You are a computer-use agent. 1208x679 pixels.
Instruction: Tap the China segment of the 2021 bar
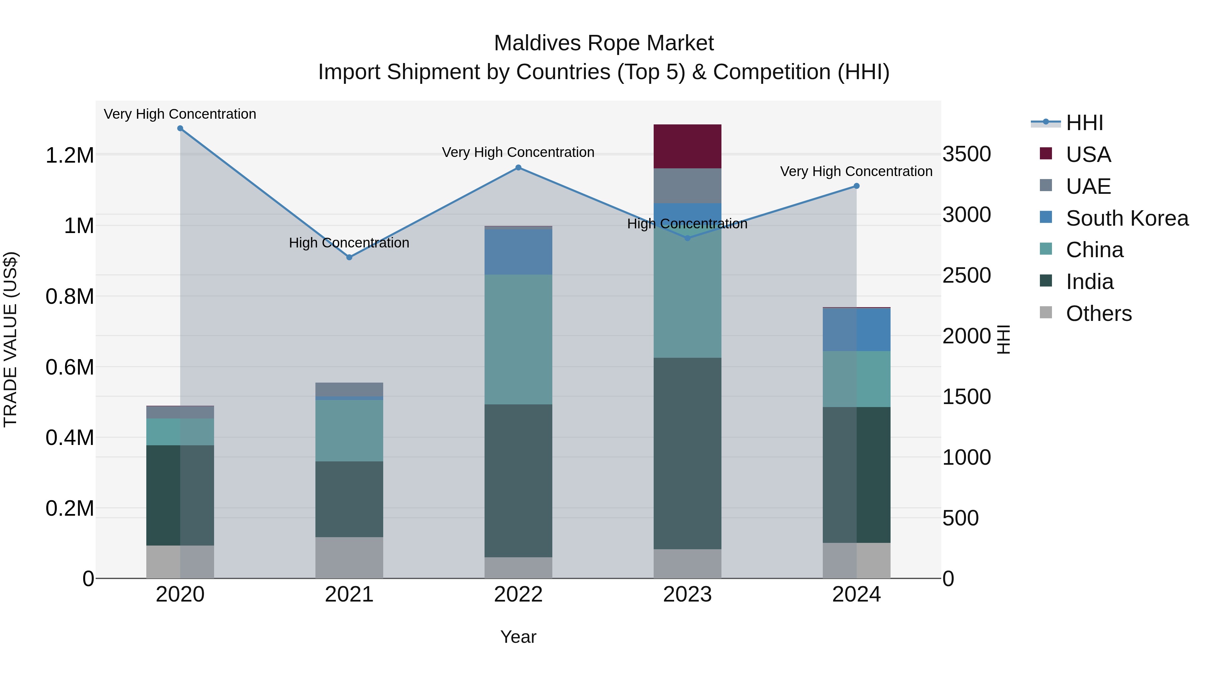(349, 430)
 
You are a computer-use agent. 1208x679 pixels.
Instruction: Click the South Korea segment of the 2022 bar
(518, 251)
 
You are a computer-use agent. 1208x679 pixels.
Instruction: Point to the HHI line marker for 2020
(180, 128)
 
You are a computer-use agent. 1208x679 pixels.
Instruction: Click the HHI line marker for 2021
(349, 257)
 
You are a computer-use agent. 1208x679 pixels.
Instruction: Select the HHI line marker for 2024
(856, 186)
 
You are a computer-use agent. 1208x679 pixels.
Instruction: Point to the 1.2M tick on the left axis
(69, 155)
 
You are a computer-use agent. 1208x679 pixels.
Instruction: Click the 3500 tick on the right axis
(967, 154)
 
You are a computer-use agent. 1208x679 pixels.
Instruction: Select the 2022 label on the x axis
(518, 595)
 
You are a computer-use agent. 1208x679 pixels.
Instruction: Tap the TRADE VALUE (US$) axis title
(10, 339)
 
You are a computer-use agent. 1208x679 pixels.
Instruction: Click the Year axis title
(518, 637)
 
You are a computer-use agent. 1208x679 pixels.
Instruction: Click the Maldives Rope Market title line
(604, 43)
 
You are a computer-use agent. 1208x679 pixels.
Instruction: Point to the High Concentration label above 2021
(349, 243)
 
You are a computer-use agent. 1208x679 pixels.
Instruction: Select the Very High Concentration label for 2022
(518, 152)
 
